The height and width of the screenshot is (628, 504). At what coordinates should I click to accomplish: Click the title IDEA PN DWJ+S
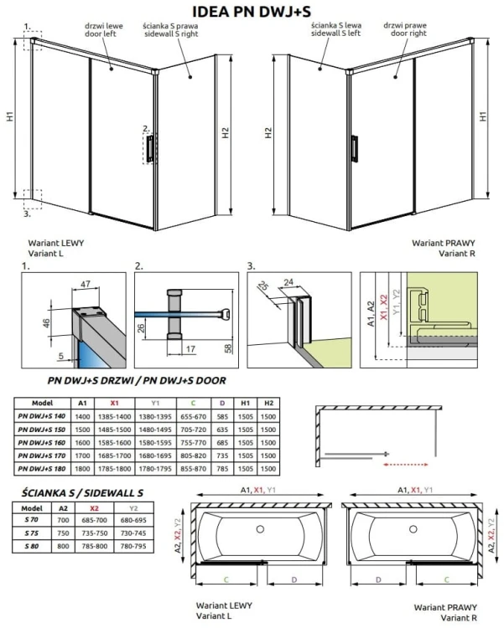pyautogui.click(x=252, y=12)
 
